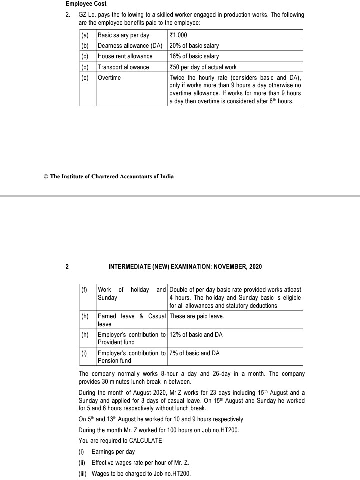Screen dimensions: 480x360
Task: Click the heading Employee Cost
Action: pyautogui.click(x=86, y=4)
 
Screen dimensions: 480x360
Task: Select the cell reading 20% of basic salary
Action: pyautogui.click(x=194, y=46)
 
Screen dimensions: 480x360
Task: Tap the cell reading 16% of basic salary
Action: pyautogui.click(x=194, y=56)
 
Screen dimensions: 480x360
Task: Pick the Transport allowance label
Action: pyautogui.click(x=123, y=67)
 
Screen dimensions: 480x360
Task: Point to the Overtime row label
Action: pyautogui.click(x=109, y=78)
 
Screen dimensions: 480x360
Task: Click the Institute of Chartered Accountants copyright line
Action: pyautogui.click(x=109, y=176)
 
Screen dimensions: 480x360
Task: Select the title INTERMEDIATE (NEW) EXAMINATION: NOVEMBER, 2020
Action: pyautogui.click(x=185, y=267)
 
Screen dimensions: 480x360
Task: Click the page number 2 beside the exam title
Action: pyautogui.click(x=67, y=267)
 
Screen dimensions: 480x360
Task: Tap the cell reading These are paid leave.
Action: pyautogui.click(x=197, y=316)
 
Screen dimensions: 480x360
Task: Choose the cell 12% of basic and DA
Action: pyautogui.click(x=196, y=335)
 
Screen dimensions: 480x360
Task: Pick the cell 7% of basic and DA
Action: pyautogui.click(x=194, y=353)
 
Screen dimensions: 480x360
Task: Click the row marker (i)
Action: pyautogui.click(x=85, y=353)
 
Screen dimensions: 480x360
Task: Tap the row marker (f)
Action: pyautogui.click(x=85, y=290)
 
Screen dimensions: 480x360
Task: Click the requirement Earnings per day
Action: pyautogui.click(x=113, y=452)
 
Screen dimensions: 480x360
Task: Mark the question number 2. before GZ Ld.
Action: pyautogui.click(x=68, y=15)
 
